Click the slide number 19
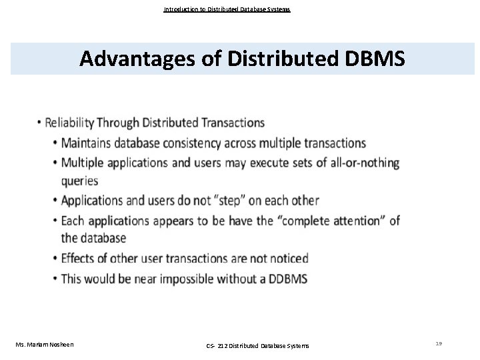coord(439,343)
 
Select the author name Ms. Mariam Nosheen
coord(44,344)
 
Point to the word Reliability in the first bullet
coord(69,123)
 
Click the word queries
coord(79,180)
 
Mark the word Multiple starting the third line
coord(85,163)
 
